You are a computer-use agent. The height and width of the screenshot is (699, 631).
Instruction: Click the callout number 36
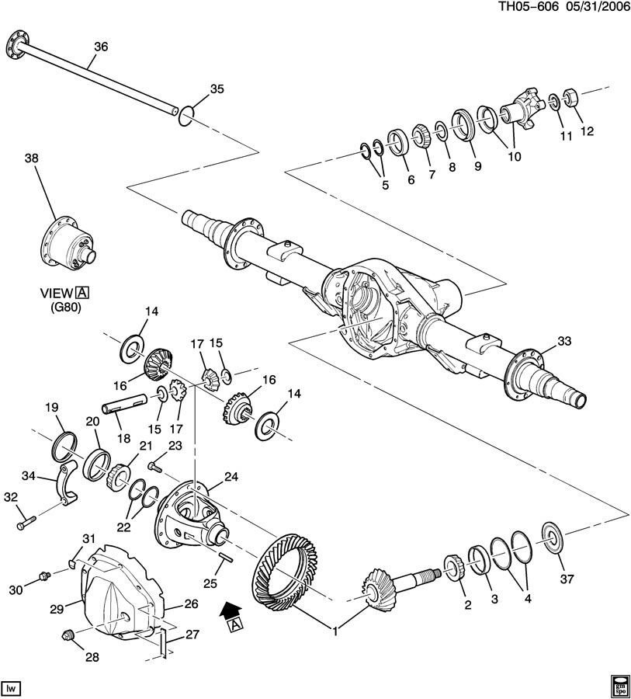(x=100, y=47)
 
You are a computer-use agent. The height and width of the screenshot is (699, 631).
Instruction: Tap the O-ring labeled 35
(x=185, y=115)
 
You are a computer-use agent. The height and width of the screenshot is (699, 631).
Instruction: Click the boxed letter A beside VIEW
(x=81, y=292)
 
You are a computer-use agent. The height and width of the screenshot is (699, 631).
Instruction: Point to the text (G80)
(x=61, y=307)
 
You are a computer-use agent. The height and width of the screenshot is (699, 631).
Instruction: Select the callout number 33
(x=563, y=341)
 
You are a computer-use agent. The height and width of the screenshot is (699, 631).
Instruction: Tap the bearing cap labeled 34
(x=65, y=485)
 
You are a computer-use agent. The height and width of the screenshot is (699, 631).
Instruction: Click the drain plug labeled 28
(x=68, y=636)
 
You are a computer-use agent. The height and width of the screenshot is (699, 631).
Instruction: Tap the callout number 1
(x=335, y=631)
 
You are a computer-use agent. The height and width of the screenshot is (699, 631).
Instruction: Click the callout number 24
(x=231, y=476)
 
